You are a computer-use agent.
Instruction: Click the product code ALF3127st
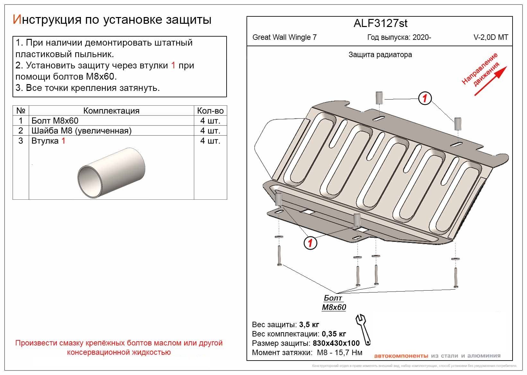tap(380, 23)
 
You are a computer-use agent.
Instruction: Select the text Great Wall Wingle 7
tap(284, 37)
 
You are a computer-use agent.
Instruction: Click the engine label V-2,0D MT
tap(491, 37)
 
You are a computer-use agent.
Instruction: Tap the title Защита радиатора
tap(380, 55)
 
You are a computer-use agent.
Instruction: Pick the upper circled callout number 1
tap(425, 98)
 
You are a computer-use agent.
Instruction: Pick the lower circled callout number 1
tap(310, 243)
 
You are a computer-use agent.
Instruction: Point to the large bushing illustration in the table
tap(111, 173)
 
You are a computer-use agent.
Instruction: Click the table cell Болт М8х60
tap(55, 121)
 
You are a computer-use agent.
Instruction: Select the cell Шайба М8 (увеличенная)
tap(82, 131)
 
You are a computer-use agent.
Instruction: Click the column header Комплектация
tap(111, 111)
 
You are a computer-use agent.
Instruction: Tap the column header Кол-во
tap(210, 111)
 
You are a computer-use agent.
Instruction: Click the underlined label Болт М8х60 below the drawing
tap(334, 303)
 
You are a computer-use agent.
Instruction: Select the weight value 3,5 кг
tap(309, 324)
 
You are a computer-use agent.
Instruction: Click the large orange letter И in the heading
tap(17, 20)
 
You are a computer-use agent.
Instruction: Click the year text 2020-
tap(422, 37)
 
